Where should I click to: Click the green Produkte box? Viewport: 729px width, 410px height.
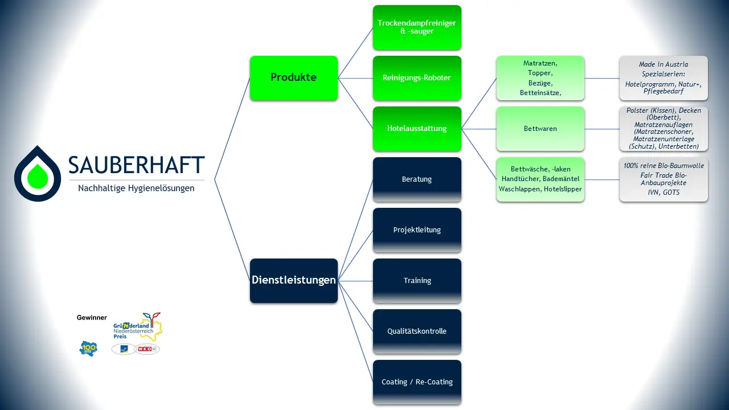coord(294,78)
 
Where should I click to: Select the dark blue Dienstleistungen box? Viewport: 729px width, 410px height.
coord(294,281)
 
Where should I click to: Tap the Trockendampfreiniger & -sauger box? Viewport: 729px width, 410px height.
coord(417,27)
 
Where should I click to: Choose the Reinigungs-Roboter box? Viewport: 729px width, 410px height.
coord(417,78)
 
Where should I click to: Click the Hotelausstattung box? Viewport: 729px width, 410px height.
coord(417,129)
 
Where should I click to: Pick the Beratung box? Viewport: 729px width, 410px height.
coord(417,179)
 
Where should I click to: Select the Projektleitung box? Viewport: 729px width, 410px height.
coord(417,230)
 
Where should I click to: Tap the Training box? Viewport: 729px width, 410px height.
coord(417,281)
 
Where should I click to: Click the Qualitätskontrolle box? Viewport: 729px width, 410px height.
coord(417,331)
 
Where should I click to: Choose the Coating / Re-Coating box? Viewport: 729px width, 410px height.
coord(417,382)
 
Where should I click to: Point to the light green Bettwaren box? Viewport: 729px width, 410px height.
coord(540,129)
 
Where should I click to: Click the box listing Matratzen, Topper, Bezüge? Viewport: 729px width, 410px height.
coord(540,78)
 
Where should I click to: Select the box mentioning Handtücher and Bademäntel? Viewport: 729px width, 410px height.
coord(540,179)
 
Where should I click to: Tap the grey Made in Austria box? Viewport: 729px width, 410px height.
coord(664,78)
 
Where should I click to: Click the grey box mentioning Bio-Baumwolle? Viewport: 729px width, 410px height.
coord(664,179)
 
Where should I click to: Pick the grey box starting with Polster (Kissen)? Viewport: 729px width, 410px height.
coord(664,129)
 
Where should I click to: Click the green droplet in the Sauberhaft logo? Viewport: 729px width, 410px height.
coord(38,176)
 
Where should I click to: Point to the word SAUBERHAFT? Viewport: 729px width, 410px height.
coord(136,165)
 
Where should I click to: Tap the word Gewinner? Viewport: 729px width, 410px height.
coord(92,318)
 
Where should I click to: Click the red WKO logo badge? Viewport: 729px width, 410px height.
coord(147,349)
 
